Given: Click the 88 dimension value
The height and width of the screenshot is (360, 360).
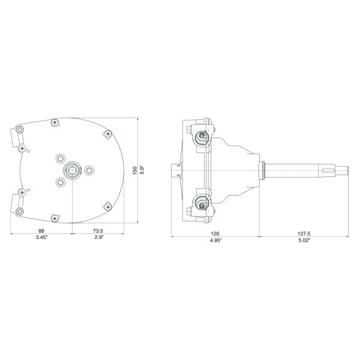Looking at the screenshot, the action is click(41, 231).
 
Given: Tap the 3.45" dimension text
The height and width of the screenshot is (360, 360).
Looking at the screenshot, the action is click(41, 237).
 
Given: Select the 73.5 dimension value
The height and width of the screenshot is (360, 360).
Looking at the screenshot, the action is click(98, 231).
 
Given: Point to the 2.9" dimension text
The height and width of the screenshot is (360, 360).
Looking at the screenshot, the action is click(99, 237).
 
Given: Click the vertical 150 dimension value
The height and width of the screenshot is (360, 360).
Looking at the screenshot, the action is click(135, 170).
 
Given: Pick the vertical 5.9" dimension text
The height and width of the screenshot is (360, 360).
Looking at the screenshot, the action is click(142, 170).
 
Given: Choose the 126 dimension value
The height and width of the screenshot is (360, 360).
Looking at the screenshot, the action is click(215, 234).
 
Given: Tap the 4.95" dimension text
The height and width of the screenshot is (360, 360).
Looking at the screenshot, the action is click(215, 240).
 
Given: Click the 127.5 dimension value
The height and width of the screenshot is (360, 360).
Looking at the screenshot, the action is click(304, 234).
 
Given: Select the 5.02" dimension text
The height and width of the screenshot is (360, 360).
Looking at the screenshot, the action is click(304, 240).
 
